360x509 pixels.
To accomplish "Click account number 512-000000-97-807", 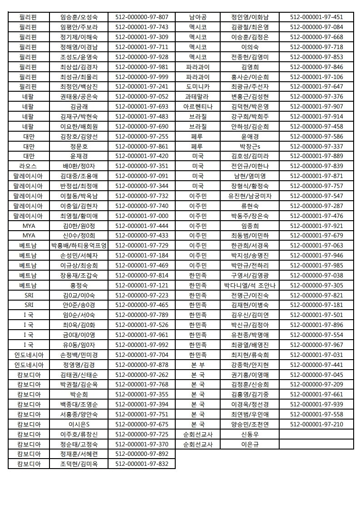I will (x=142, y=17).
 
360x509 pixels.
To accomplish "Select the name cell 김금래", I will (x=79, y=106).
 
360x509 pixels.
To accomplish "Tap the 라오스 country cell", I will (x=29, y=166).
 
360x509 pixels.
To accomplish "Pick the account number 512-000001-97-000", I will (x=142, y=216).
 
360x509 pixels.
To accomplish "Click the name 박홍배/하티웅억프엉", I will (x=79, y=245).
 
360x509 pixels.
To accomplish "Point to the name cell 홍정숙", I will (x=79, y=285).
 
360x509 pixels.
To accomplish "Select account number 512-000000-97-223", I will (x=142, y=295).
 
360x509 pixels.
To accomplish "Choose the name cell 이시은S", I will (x=79, y=424).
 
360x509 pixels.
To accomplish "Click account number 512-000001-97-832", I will (x=142, y=464).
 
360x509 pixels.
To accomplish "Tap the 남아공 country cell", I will (x=198, y=17).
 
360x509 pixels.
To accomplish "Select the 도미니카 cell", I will (x=198, y=86).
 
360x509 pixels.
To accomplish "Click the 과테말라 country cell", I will (x=198, y=96).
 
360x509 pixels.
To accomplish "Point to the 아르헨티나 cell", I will (x=198, y=106).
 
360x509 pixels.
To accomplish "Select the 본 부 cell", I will (x=198, y=365).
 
